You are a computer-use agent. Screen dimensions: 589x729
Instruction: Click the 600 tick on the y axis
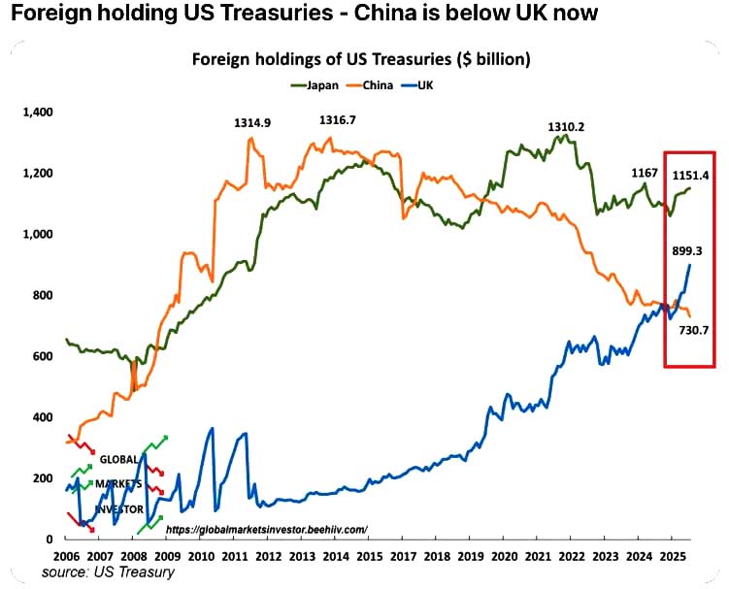(44, 356)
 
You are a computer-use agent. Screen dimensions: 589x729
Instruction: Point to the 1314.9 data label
(252, 123)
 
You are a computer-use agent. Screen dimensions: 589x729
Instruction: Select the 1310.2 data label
(566, 126)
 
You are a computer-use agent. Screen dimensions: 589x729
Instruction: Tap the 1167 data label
(645, 173)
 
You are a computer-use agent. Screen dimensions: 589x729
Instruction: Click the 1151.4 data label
(691, 176)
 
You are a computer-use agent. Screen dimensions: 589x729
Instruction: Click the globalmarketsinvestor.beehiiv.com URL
(266, 529)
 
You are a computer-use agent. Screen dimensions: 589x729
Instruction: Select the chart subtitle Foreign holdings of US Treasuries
(360, 59)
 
